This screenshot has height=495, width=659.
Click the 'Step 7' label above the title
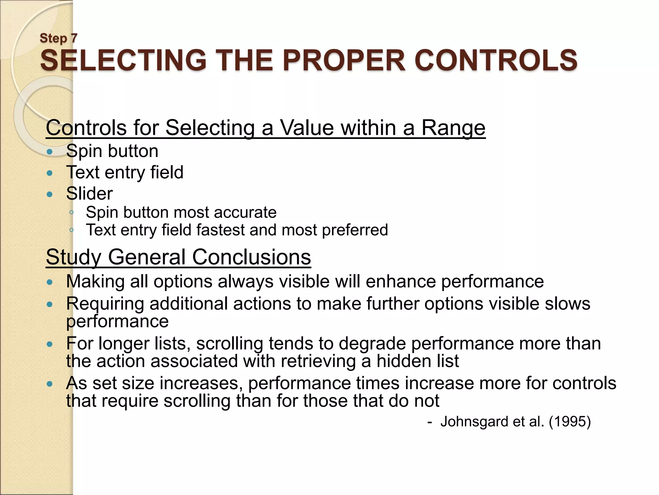59,38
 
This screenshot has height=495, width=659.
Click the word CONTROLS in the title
496,60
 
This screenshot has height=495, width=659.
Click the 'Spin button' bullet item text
112,151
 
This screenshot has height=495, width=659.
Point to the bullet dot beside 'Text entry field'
49,173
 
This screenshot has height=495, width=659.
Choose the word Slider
89,193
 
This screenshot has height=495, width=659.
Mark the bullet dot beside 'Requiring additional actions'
49,304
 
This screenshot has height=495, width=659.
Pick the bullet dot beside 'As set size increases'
49,384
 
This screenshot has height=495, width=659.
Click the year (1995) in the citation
570,422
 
